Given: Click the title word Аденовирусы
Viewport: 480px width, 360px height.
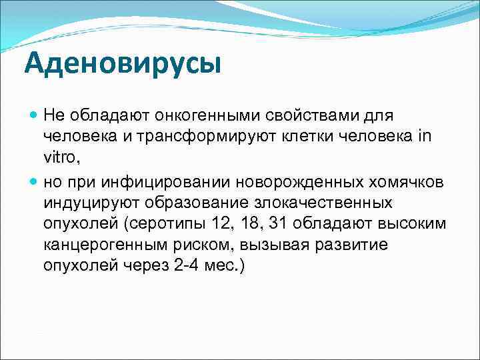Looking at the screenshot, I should tap(121, 64).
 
